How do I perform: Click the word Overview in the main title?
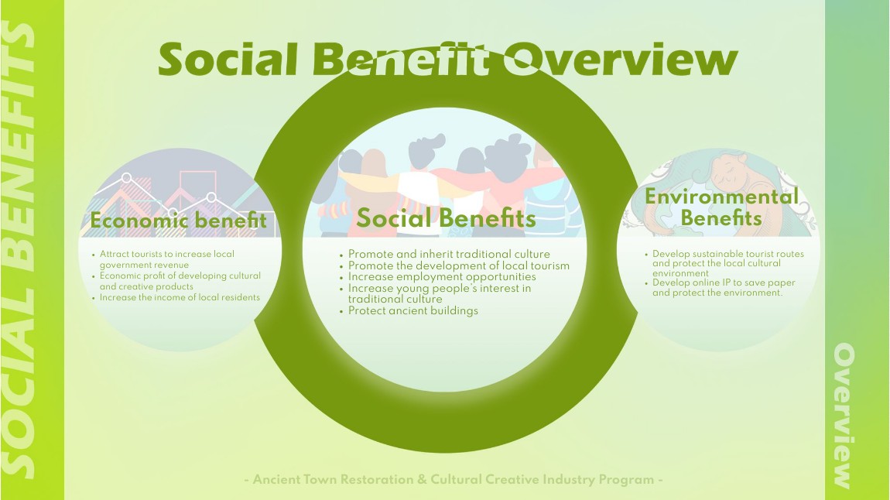tap(621, 59)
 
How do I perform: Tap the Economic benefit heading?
tap(178, 221)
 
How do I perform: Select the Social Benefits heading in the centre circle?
tap(446, 218)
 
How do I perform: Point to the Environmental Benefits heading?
tap(721, 207)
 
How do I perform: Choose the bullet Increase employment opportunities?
tap(438, 277)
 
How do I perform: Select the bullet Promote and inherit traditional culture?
tap(445, 254)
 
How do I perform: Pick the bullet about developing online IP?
tap(721, 288)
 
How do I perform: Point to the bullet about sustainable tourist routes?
tap(725, 263)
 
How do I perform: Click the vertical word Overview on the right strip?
tap(843, 416)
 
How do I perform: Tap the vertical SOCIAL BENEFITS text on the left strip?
tap(19, 250)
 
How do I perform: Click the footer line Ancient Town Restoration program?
tap(454, 480)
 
